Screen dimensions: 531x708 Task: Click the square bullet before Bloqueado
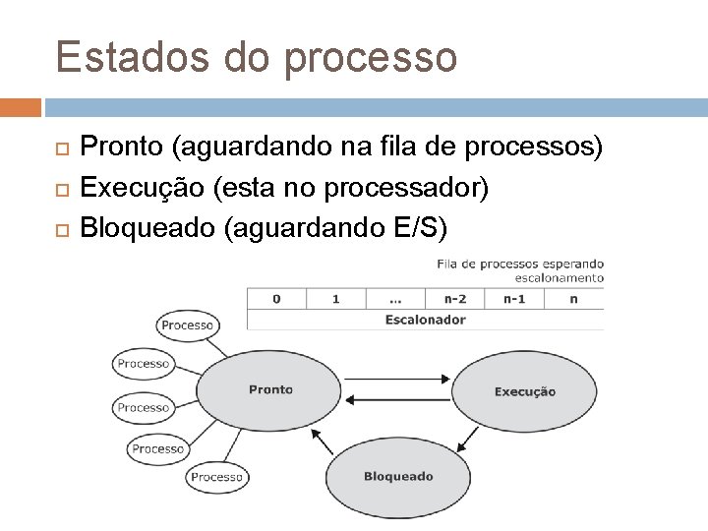(x=63, y=229)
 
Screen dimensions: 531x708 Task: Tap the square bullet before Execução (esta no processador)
(x=63, y=189)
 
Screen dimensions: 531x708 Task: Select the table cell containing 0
(x=276, y=299)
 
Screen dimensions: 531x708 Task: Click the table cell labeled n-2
(x=454, y=299)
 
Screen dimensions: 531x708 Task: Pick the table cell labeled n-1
(x=514, y=299)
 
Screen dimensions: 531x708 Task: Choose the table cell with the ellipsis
(x=394, y=299)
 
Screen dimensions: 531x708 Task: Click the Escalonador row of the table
(x=425, y=319)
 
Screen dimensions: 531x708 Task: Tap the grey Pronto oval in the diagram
(x=270, y=390)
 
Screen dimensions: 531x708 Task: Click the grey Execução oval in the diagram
(x=524, y=391)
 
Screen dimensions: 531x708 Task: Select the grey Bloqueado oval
(x=398, y=477)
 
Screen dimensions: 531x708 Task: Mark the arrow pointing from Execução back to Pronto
(x=398, y=398)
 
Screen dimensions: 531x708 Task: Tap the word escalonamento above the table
(x=560, y=277)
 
